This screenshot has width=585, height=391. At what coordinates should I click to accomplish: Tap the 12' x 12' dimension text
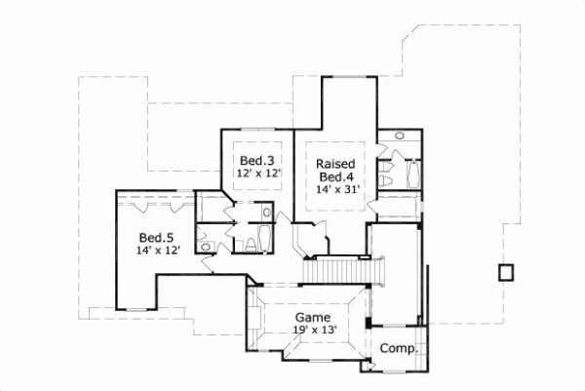[x=258, y=173]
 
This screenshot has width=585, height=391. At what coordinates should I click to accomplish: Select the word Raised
[x=334, y=164]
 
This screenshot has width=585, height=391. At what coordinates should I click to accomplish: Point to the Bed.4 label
[x=334, y=177]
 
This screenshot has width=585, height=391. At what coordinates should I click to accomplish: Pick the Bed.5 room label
[x=155, y=237]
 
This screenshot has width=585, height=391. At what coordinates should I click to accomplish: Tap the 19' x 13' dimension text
[x=314, y=331]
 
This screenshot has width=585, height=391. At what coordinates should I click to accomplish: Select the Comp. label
[x=398, y=348]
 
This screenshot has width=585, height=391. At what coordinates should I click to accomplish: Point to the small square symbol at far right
[x=505, y=272]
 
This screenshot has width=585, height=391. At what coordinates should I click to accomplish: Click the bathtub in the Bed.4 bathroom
[x=410, y=176]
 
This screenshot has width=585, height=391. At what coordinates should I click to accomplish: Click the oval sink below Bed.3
[x=267, y=212]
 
